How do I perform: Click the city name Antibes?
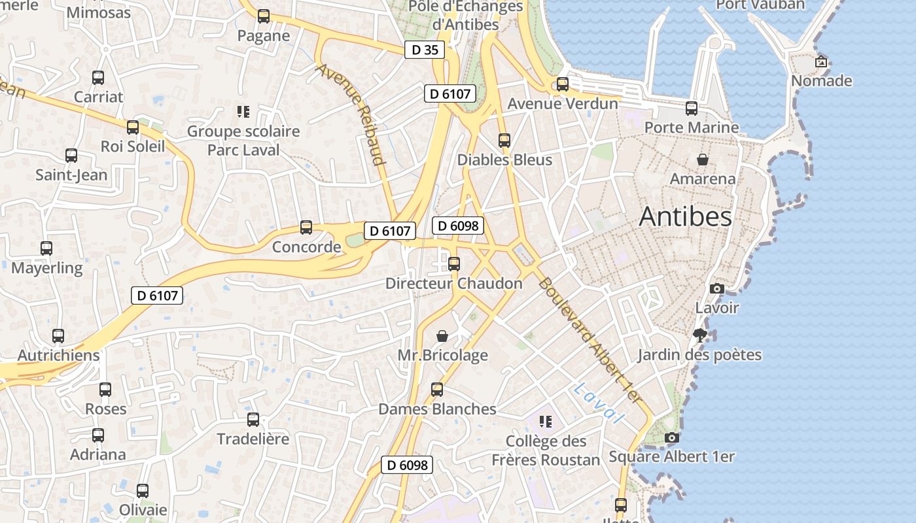685,216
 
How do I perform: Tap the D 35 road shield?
425,50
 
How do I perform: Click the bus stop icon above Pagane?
264,16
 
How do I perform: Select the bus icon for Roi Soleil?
133,127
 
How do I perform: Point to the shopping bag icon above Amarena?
703,160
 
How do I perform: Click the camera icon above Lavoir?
717,288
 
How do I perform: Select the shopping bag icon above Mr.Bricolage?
443,336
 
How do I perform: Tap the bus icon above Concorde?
306,228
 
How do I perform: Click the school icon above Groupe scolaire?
243,112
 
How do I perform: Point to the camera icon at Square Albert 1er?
671,438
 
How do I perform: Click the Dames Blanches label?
437,409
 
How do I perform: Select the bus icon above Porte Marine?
692,108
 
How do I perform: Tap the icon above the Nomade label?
821,62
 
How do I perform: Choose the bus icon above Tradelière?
253,419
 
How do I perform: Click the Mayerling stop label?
47,268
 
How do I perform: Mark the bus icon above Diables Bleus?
504,140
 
